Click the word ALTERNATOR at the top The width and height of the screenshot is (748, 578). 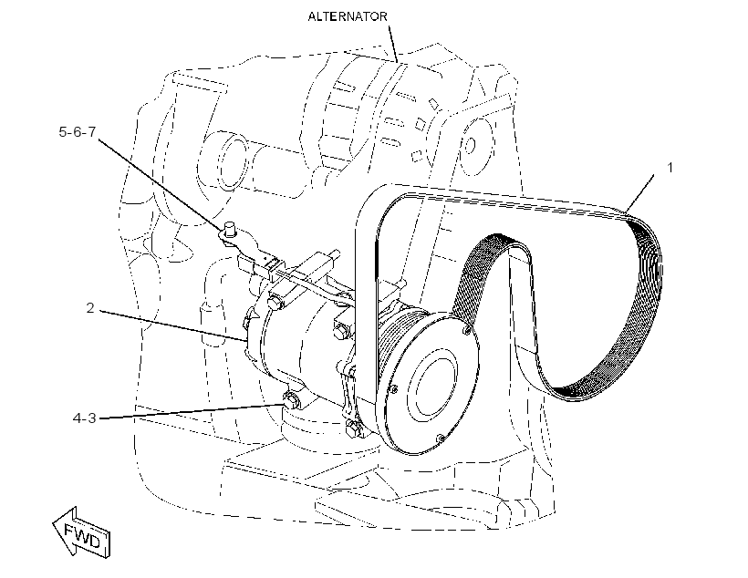click(x=348, y=16)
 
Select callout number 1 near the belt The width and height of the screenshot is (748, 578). click(x=670, y=168)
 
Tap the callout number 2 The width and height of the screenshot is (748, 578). click(x=90, y=308)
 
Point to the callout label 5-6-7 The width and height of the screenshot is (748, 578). click(x=78, y=131)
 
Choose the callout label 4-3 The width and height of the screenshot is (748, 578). click(x=85, y=418)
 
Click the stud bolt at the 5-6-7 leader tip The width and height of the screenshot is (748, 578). click(x=230, y=230)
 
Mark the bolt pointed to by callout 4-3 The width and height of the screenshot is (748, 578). click(x=291, y=399)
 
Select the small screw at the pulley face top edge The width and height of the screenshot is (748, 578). click(x=467, y=329)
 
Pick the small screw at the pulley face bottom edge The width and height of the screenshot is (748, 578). click(x=442, y=438)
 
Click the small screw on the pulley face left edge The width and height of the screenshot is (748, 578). click(x=394, y=390)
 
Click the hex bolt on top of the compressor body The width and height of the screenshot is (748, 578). click(x=275, y=302)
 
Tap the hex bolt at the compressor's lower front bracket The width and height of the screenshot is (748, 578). click(x=351, y=429)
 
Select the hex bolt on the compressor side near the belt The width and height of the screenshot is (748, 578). click(x=341, y=331)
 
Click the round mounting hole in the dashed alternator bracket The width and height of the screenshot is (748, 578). click(x=470, y=145)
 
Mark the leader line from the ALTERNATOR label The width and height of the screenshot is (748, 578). click(x=392, y=44)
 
